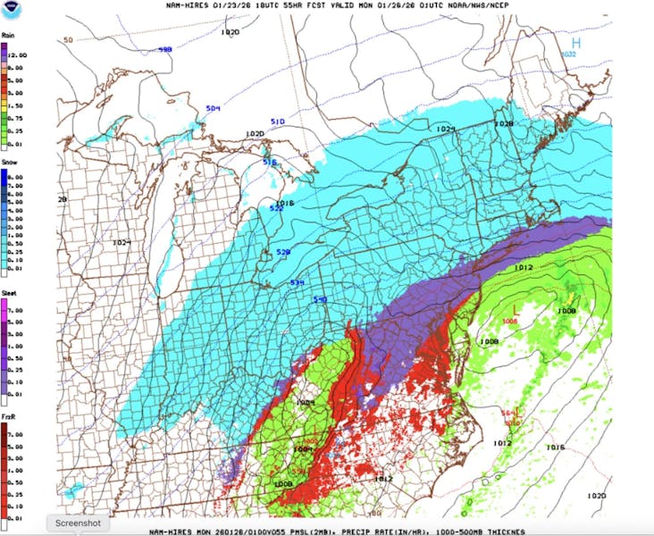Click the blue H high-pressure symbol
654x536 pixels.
click(576, 42)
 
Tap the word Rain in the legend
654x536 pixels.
click(9, 37)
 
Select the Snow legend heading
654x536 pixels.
click(10, 163)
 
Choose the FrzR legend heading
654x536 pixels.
click(9, 417)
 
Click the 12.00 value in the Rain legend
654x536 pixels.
click(18, 54)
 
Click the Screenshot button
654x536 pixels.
click(78, 523)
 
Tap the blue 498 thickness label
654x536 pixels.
click(164, 51)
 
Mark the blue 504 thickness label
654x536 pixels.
click(213, 109)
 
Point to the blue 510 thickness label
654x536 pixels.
click(277, 121)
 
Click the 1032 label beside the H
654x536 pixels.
click(568, 54)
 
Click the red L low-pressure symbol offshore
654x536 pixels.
click(515, 311)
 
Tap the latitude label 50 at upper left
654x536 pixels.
click(68, 40)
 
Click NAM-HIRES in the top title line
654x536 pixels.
click(189, 5)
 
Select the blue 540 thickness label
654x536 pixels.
click(319, 299)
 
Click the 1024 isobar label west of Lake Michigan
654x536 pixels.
click(122, 243)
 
